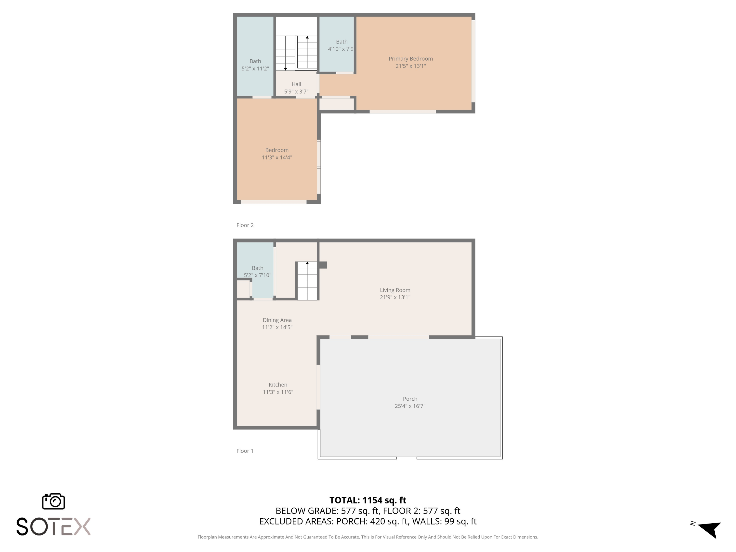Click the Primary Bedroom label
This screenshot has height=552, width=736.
tap(411, 59)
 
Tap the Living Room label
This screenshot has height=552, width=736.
tap(395, 290)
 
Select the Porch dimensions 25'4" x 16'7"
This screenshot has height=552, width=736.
tap(410, 406)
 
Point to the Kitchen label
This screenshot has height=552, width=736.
tap(278, 385)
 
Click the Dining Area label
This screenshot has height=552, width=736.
tap(277, 320)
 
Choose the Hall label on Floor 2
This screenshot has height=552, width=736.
tap(296, 84)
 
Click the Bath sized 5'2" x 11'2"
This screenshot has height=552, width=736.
tap(255, 65)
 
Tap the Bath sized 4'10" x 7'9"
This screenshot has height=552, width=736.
tap(341, 45)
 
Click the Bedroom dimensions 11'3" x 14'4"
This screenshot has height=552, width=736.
tap(277, 158)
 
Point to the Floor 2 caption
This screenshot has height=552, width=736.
tap(245, 225)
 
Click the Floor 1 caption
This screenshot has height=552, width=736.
tap(245, 451)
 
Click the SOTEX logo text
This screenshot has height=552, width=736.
tap(53, 527)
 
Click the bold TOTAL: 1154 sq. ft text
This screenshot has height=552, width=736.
tap(368, 500)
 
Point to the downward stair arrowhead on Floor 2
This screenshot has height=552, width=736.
tap(286, 69)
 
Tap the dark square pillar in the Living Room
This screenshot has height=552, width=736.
tap(323, 265)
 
